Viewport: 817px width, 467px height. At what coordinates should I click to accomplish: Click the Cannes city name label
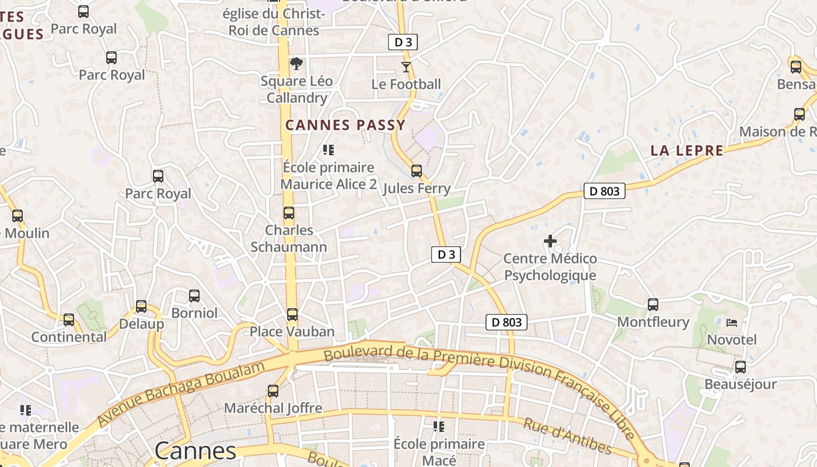click(x=195, y=451)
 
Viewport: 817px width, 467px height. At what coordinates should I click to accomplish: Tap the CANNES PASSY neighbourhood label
click(x=345, y=125)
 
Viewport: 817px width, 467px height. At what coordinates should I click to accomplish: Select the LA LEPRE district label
click(x=687, y=151)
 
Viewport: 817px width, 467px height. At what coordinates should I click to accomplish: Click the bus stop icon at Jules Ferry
click(x=416, y=171)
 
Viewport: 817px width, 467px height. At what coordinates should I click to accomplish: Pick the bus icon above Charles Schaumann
click(x=289, y=213)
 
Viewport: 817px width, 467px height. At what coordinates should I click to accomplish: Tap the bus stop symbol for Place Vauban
click(x=292, y=315)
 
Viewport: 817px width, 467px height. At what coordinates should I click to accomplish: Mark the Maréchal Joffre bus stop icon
click(x=273, y=391)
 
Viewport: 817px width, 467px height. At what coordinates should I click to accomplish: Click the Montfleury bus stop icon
click(x=653, y=305)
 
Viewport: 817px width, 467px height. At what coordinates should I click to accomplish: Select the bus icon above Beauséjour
click(x=740, y=367)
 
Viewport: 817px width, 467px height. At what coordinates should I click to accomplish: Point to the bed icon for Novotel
click(x=732, y=322)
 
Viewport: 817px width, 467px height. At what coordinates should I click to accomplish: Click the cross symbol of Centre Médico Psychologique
click(x=550, y=241)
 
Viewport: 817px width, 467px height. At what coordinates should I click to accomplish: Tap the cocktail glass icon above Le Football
click(x=406, y=67)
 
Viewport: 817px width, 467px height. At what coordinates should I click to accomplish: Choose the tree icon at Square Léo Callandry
click(x=296, y=64)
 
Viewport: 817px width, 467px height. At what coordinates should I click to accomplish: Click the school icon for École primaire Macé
click(x=439, y=427)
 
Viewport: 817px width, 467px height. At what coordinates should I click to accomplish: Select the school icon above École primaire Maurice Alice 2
click(x=329, y=150)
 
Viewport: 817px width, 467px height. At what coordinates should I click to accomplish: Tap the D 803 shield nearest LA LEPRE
click(x=604, y=191)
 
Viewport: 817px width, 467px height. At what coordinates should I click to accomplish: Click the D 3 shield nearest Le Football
click(x=403, y=42)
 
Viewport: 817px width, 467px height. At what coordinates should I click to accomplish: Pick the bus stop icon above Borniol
click(x=194, y=296)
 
